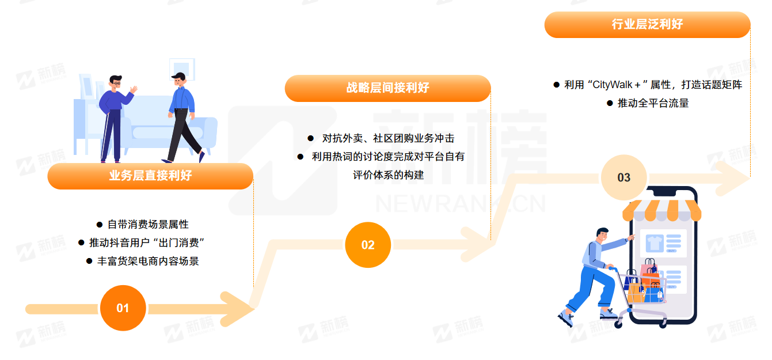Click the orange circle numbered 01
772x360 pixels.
coord(123,308)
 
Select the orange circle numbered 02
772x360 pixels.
coord(368,245)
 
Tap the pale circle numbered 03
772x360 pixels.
coord(624,177)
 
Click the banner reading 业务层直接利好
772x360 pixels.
coord(150,176)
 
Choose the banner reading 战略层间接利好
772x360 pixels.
coord(387,88)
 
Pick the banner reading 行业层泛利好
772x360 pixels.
coord(647,25)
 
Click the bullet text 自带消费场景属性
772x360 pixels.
coord(148,225)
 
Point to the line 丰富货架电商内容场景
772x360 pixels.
coord(148,261)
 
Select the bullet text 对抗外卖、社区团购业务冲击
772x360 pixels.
coord(388,138)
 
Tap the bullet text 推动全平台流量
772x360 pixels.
coord(653,103)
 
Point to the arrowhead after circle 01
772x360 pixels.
coord(237,309)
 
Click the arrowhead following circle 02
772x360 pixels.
coord(478,244)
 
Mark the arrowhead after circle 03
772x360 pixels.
coord(732,179)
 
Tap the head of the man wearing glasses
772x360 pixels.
coord(116,82)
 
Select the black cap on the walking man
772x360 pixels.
coord(178,76)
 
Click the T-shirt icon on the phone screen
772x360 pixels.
coord(654,243)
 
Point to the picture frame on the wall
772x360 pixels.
coord(182,69)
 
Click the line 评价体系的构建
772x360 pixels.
coord(388,175)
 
